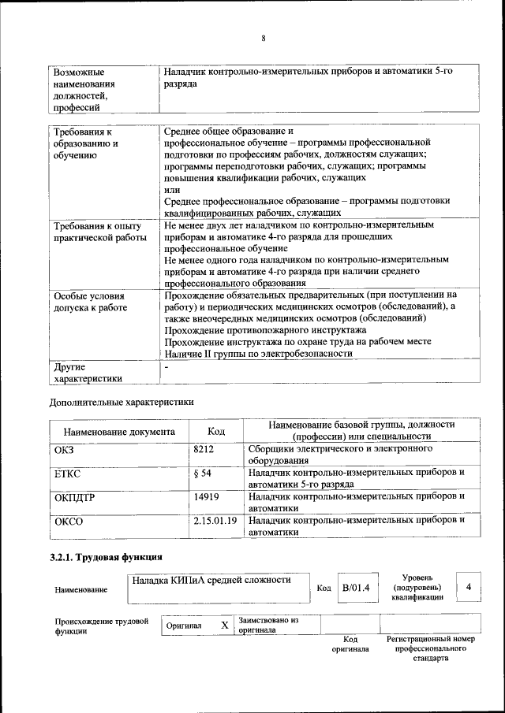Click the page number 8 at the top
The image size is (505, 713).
click(x=263, y=38)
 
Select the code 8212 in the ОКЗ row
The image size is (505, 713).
click(x=204, y=449)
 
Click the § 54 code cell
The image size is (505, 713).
click(x=203, y=473)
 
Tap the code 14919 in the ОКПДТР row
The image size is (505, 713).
click(x=206, y=497)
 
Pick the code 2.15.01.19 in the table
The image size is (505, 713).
click(x=215, y=521)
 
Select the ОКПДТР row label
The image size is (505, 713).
click(x=75, y=498)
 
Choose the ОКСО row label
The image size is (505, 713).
click(x=69, y=522)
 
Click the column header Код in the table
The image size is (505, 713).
click(x=215, y=431)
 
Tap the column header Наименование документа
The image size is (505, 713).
click(x=119, y=432)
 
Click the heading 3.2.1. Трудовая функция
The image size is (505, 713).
click(x=106, y=558)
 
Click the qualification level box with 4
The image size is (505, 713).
click(x=469, y=587)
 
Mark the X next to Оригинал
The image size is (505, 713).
click(x=224, y=625)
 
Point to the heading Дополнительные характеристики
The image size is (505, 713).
click(x=121, y=401)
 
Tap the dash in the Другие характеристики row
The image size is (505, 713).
click(x=166, y=367)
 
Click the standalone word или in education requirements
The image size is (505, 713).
click(x=172, y=189)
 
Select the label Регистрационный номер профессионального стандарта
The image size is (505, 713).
click(x=430, y=648)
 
